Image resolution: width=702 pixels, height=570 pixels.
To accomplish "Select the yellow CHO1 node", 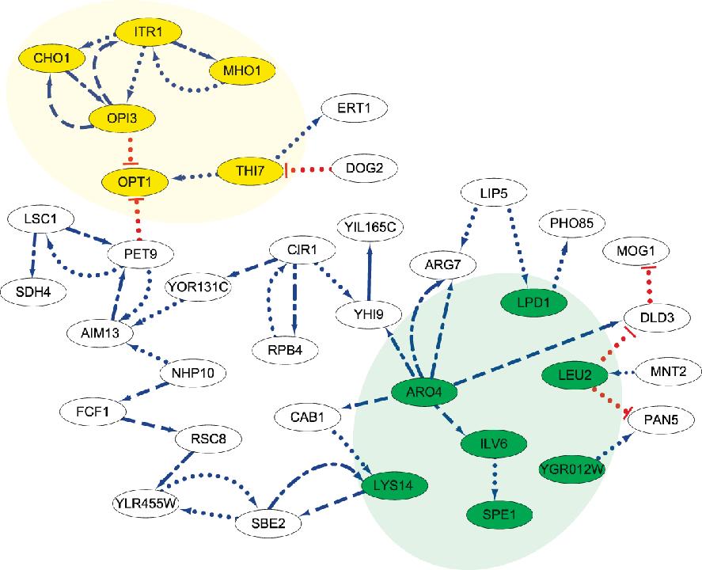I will (47, 58).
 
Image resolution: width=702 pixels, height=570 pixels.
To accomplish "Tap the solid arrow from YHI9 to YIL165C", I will (369, 273).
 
